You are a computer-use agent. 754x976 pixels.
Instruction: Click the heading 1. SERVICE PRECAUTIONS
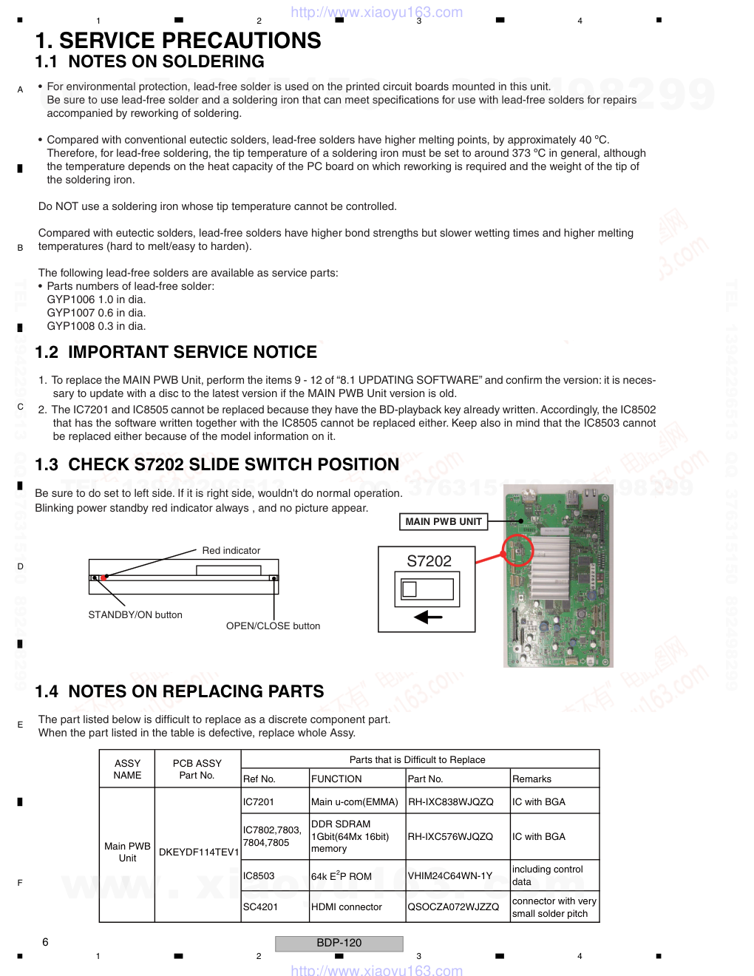click(x=178, y=41)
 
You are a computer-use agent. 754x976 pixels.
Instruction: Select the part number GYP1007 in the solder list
click(x=71, y=313)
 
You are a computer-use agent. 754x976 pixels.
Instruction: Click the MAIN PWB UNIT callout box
click(x=444, y=522)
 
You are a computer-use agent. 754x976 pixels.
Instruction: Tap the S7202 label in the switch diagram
click(x=429, y=561)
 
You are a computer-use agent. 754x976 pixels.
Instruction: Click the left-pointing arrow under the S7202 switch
click(x=428, y=617)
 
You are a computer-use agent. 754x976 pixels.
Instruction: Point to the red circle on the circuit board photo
click(x=517, y=550)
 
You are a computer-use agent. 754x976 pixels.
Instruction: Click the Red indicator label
click(x=231, y=551)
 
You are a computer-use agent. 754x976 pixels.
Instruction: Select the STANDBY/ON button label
click(x=135, y=615)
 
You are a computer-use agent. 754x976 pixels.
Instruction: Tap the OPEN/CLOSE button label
click(x=273, y=626)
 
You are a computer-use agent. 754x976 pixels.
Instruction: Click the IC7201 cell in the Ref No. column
click(x=259, y=802)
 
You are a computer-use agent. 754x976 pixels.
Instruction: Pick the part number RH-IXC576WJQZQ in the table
click(x=450, y=837)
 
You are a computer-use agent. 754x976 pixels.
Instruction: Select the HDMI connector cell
click(x=347, y=907)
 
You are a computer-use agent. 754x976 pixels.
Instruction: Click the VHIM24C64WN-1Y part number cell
click(x=450, y=876)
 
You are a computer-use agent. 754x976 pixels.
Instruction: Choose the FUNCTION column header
click(x=336, y=779)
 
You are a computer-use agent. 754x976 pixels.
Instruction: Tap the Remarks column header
click(x=531, y=779)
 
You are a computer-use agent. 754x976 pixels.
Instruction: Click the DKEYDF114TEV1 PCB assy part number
click(x=199, y=853)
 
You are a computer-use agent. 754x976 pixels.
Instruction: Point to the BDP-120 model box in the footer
click(x=339, y=943)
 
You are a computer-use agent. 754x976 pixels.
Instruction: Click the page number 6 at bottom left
click(x=45, y=942)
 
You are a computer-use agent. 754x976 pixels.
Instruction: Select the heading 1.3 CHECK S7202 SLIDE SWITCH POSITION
click(x=217, y=465)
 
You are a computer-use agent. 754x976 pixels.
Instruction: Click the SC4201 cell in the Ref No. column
click(x=260, y=907)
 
